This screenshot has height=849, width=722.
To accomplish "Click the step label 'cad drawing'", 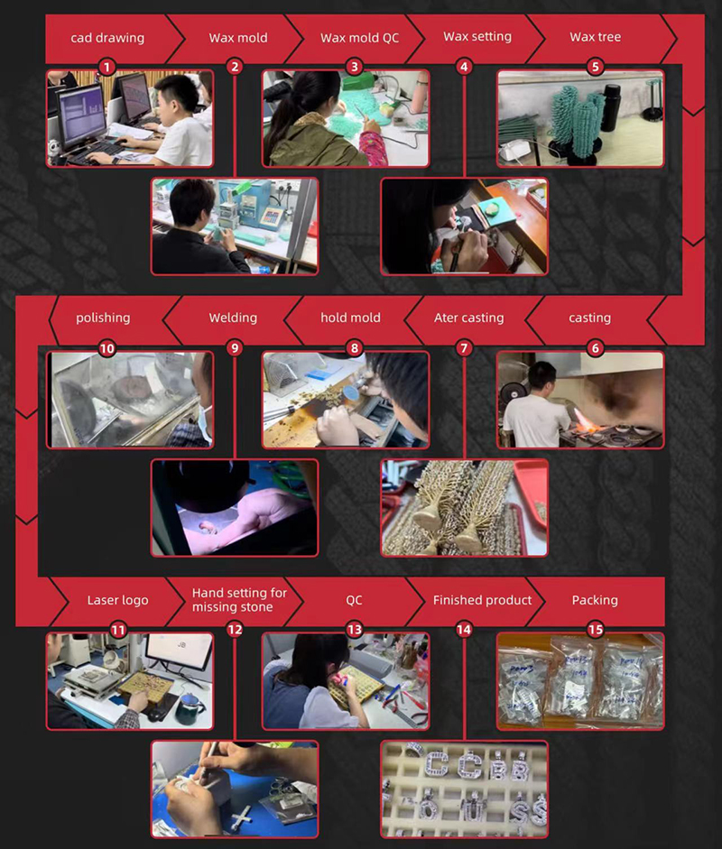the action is (107, 38).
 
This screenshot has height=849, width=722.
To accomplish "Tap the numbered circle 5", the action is (596, 67).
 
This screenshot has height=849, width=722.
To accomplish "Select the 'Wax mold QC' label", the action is (359, 38).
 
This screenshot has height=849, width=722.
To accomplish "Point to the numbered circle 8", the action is (354, 347).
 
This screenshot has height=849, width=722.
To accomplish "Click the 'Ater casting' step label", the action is (468, 318).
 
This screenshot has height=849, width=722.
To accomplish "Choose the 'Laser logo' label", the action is (117, 601).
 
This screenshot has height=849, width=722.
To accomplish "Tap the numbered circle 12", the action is (235, 629).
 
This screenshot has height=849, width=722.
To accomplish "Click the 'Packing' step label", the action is (595, 601).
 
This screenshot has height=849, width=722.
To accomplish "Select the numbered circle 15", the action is (596, 629).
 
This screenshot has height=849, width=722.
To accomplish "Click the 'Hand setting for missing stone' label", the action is (239, 600).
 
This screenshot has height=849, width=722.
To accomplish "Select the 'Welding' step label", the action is (233, 318).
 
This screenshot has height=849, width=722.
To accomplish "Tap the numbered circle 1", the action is (106, 67).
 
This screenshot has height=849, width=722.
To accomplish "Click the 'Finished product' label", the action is (482, 601).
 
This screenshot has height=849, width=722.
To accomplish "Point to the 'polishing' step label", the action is (103, 318).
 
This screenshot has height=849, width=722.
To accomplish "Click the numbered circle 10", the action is (106, 347).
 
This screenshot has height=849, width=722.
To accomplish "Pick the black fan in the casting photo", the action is (512, 394).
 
